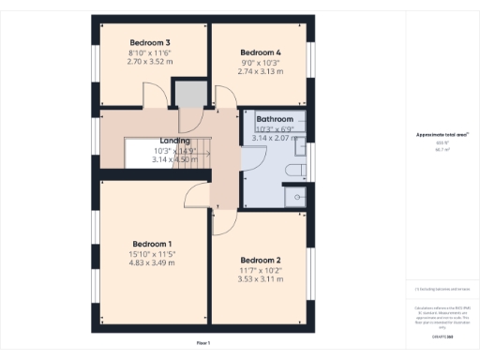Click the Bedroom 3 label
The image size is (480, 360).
(149, 43)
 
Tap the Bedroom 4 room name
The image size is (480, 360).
(260, 52)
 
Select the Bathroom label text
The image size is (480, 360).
(275, 120)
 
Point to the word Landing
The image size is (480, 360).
(175, 140)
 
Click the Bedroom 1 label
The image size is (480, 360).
(150, 244)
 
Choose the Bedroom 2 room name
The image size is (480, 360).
(260, 260)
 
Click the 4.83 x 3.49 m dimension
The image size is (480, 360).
(150, 262)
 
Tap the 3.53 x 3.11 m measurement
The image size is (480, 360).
(260, 278)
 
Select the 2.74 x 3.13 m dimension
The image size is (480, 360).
(260, 71)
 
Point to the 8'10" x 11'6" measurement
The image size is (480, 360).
(149, 53)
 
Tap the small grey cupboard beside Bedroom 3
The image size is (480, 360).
(188, 94)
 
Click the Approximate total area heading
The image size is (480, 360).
(442, 135)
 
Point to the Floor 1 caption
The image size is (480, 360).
(203, 344)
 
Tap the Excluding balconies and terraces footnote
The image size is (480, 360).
(442, 289)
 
